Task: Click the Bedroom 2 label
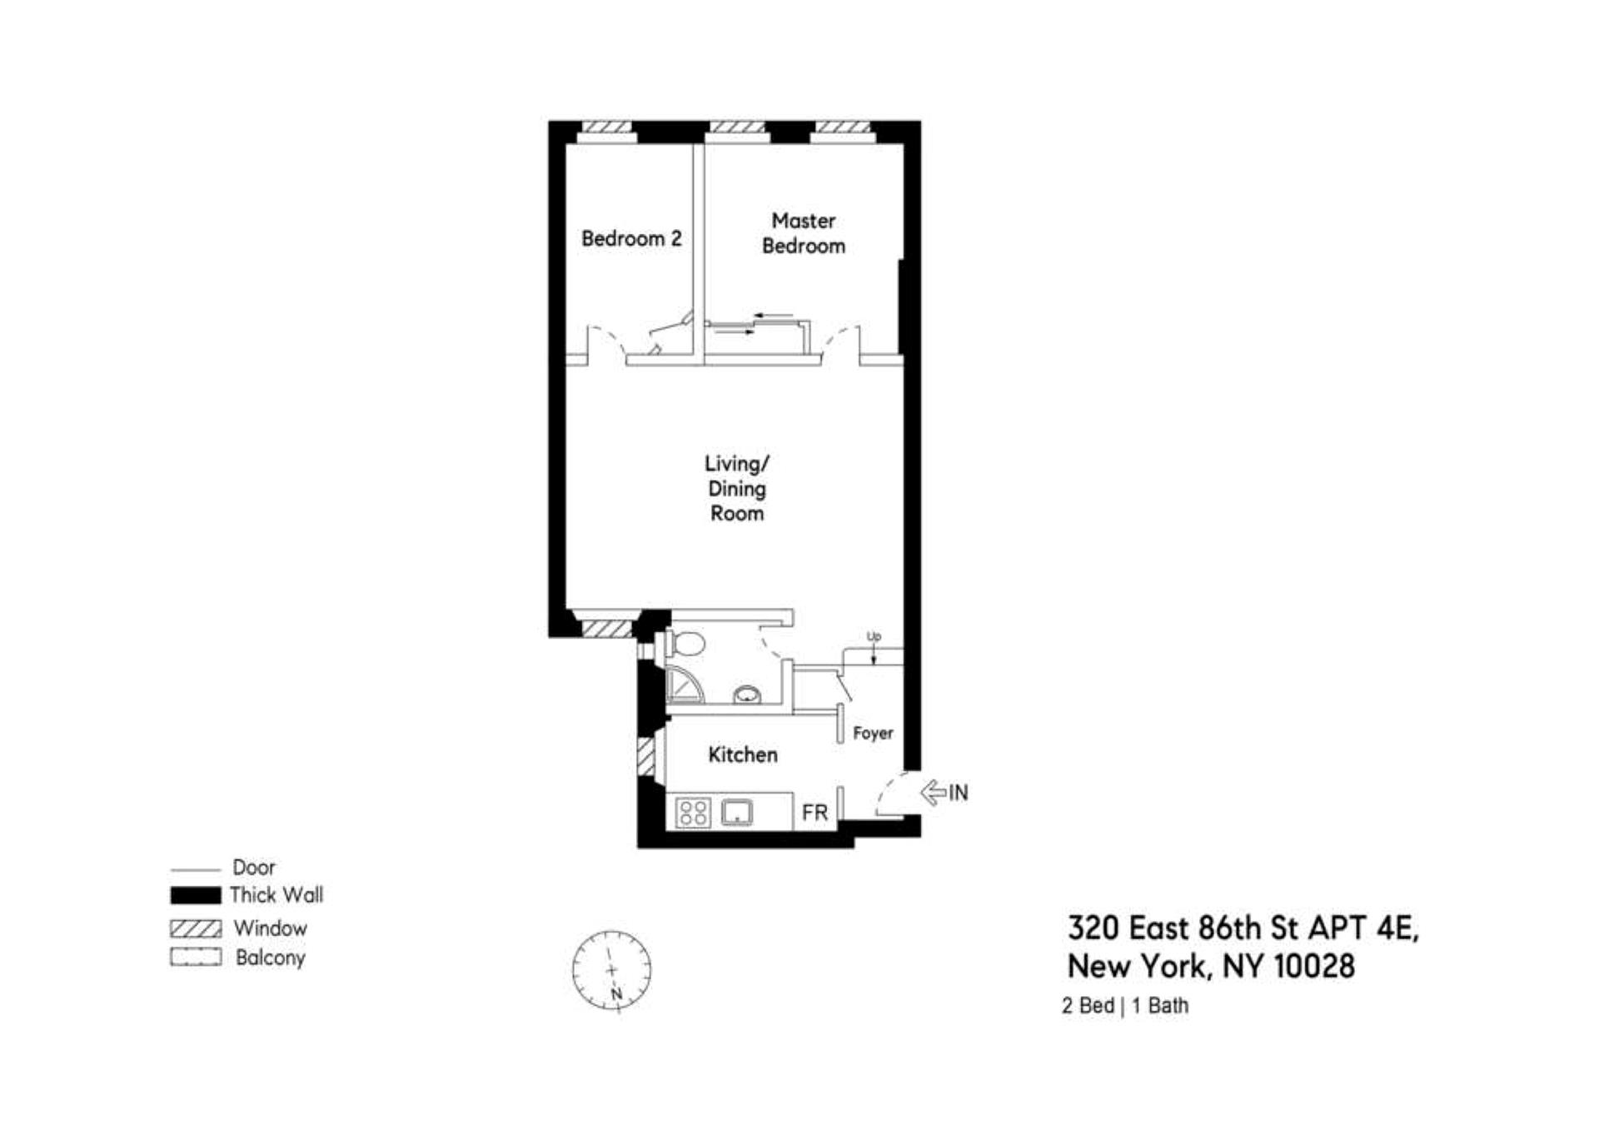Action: [x=631, y=239]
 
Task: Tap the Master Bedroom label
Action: [x=803, y=233]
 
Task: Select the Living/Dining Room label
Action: [x=736, y=488]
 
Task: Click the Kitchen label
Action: [x=742, y=754]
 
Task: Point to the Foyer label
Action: [x=873, y=733]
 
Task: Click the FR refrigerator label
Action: [x=814, y=812]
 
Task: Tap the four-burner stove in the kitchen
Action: [x=693, y=812]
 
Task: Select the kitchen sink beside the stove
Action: [x=737, y=811]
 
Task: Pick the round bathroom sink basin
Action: [x=747, y=694]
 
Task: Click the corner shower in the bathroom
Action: [x=683, y=686]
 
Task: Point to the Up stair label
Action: [x=873, y=637]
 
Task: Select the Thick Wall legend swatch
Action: [x=196, y=895]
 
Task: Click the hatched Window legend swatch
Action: [x=196, y=928]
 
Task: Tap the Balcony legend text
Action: [x=270, y=958]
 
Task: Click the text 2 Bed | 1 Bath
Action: [x=1124, y=1006]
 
